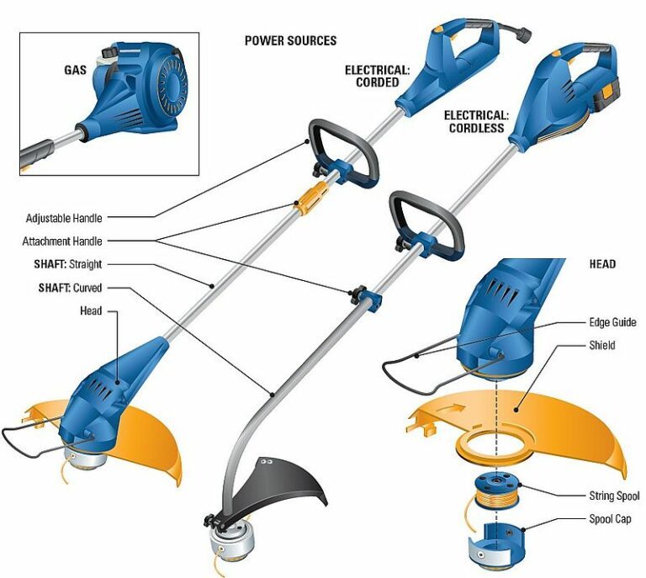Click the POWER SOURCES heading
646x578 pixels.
(290, 40)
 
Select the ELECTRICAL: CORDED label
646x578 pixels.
(377, 77)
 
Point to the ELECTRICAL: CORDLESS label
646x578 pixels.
(476, 121)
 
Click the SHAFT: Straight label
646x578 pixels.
(63, 264)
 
